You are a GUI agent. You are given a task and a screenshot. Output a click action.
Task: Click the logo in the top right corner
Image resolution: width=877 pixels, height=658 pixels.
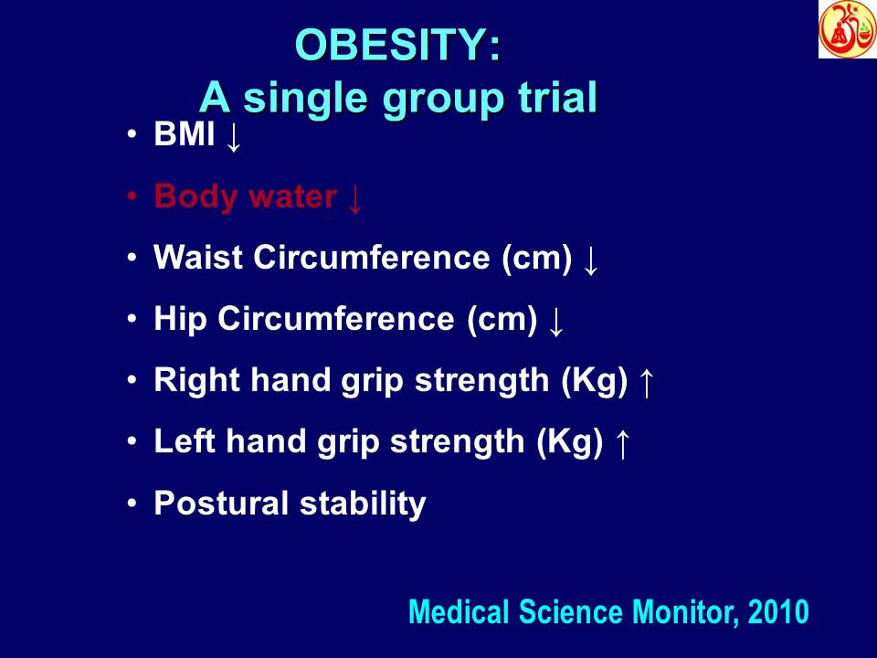click(x=847, y=29)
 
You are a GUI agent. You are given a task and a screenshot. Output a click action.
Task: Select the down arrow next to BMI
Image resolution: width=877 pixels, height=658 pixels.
click(x=234, y=137)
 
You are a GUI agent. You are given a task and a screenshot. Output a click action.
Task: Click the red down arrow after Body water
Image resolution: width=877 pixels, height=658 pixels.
click(x=355, y=198)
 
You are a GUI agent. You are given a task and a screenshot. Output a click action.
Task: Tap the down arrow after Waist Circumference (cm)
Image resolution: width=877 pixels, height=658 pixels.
click(x=590, y=260)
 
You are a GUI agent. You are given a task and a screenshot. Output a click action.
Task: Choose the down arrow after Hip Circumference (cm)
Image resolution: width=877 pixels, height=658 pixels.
click(x=555, y=322)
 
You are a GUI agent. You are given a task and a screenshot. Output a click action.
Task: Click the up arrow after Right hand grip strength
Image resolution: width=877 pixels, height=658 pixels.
click(x=646, y=383)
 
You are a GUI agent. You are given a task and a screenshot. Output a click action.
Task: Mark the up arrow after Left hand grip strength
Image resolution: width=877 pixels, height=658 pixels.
click(x=622, y=444)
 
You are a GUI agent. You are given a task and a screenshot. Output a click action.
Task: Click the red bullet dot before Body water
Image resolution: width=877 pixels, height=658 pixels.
click(x=132, y=197)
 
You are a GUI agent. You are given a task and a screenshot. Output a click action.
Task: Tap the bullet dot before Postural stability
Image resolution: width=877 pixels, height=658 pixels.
click(x=132, y=503)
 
